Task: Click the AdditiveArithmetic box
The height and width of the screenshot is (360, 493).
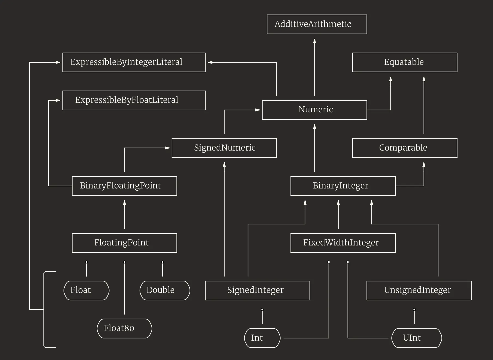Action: click(317, 24)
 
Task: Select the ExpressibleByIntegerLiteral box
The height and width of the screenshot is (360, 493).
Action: click(134, 62)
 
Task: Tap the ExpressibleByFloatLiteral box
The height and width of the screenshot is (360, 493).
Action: click(134, 100)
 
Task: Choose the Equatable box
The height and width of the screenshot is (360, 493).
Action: click(405, 62)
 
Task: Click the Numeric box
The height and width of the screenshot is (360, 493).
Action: click(314, 110)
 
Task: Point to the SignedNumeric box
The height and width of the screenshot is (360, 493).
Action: click(224, 148)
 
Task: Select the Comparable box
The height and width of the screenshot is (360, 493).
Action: click(405, 148)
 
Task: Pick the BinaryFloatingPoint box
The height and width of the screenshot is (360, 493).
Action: click(124, 186)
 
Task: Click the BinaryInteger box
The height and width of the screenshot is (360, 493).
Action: click(343, 186)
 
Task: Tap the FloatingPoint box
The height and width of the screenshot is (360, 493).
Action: click(124, 243)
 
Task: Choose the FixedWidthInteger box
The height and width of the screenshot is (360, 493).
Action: click(343, 243)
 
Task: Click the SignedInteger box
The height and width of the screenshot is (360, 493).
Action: click(257, 290)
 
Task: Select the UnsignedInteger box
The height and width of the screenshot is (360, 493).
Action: click(419, 290)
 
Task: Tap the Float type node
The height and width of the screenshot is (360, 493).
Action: click(86, 290)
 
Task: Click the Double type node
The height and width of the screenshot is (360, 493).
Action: click(165, 290)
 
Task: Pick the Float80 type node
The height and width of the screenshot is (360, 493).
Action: click(124, 328)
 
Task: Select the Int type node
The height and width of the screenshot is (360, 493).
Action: click(262, 338)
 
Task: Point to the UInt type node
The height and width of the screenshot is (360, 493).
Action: click(416, 338)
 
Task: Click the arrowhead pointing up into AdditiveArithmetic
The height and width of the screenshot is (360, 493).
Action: click(314, 41)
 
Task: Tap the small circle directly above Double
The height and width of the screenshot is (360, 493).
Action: click(163, 262)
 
